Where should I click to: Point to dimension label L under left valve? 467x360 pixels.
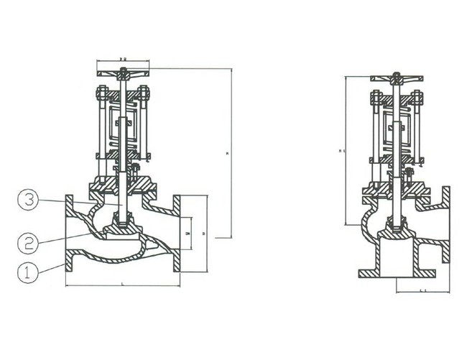[123, 286]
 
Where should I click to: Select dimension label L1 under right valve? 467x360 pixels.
[420, 291]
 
